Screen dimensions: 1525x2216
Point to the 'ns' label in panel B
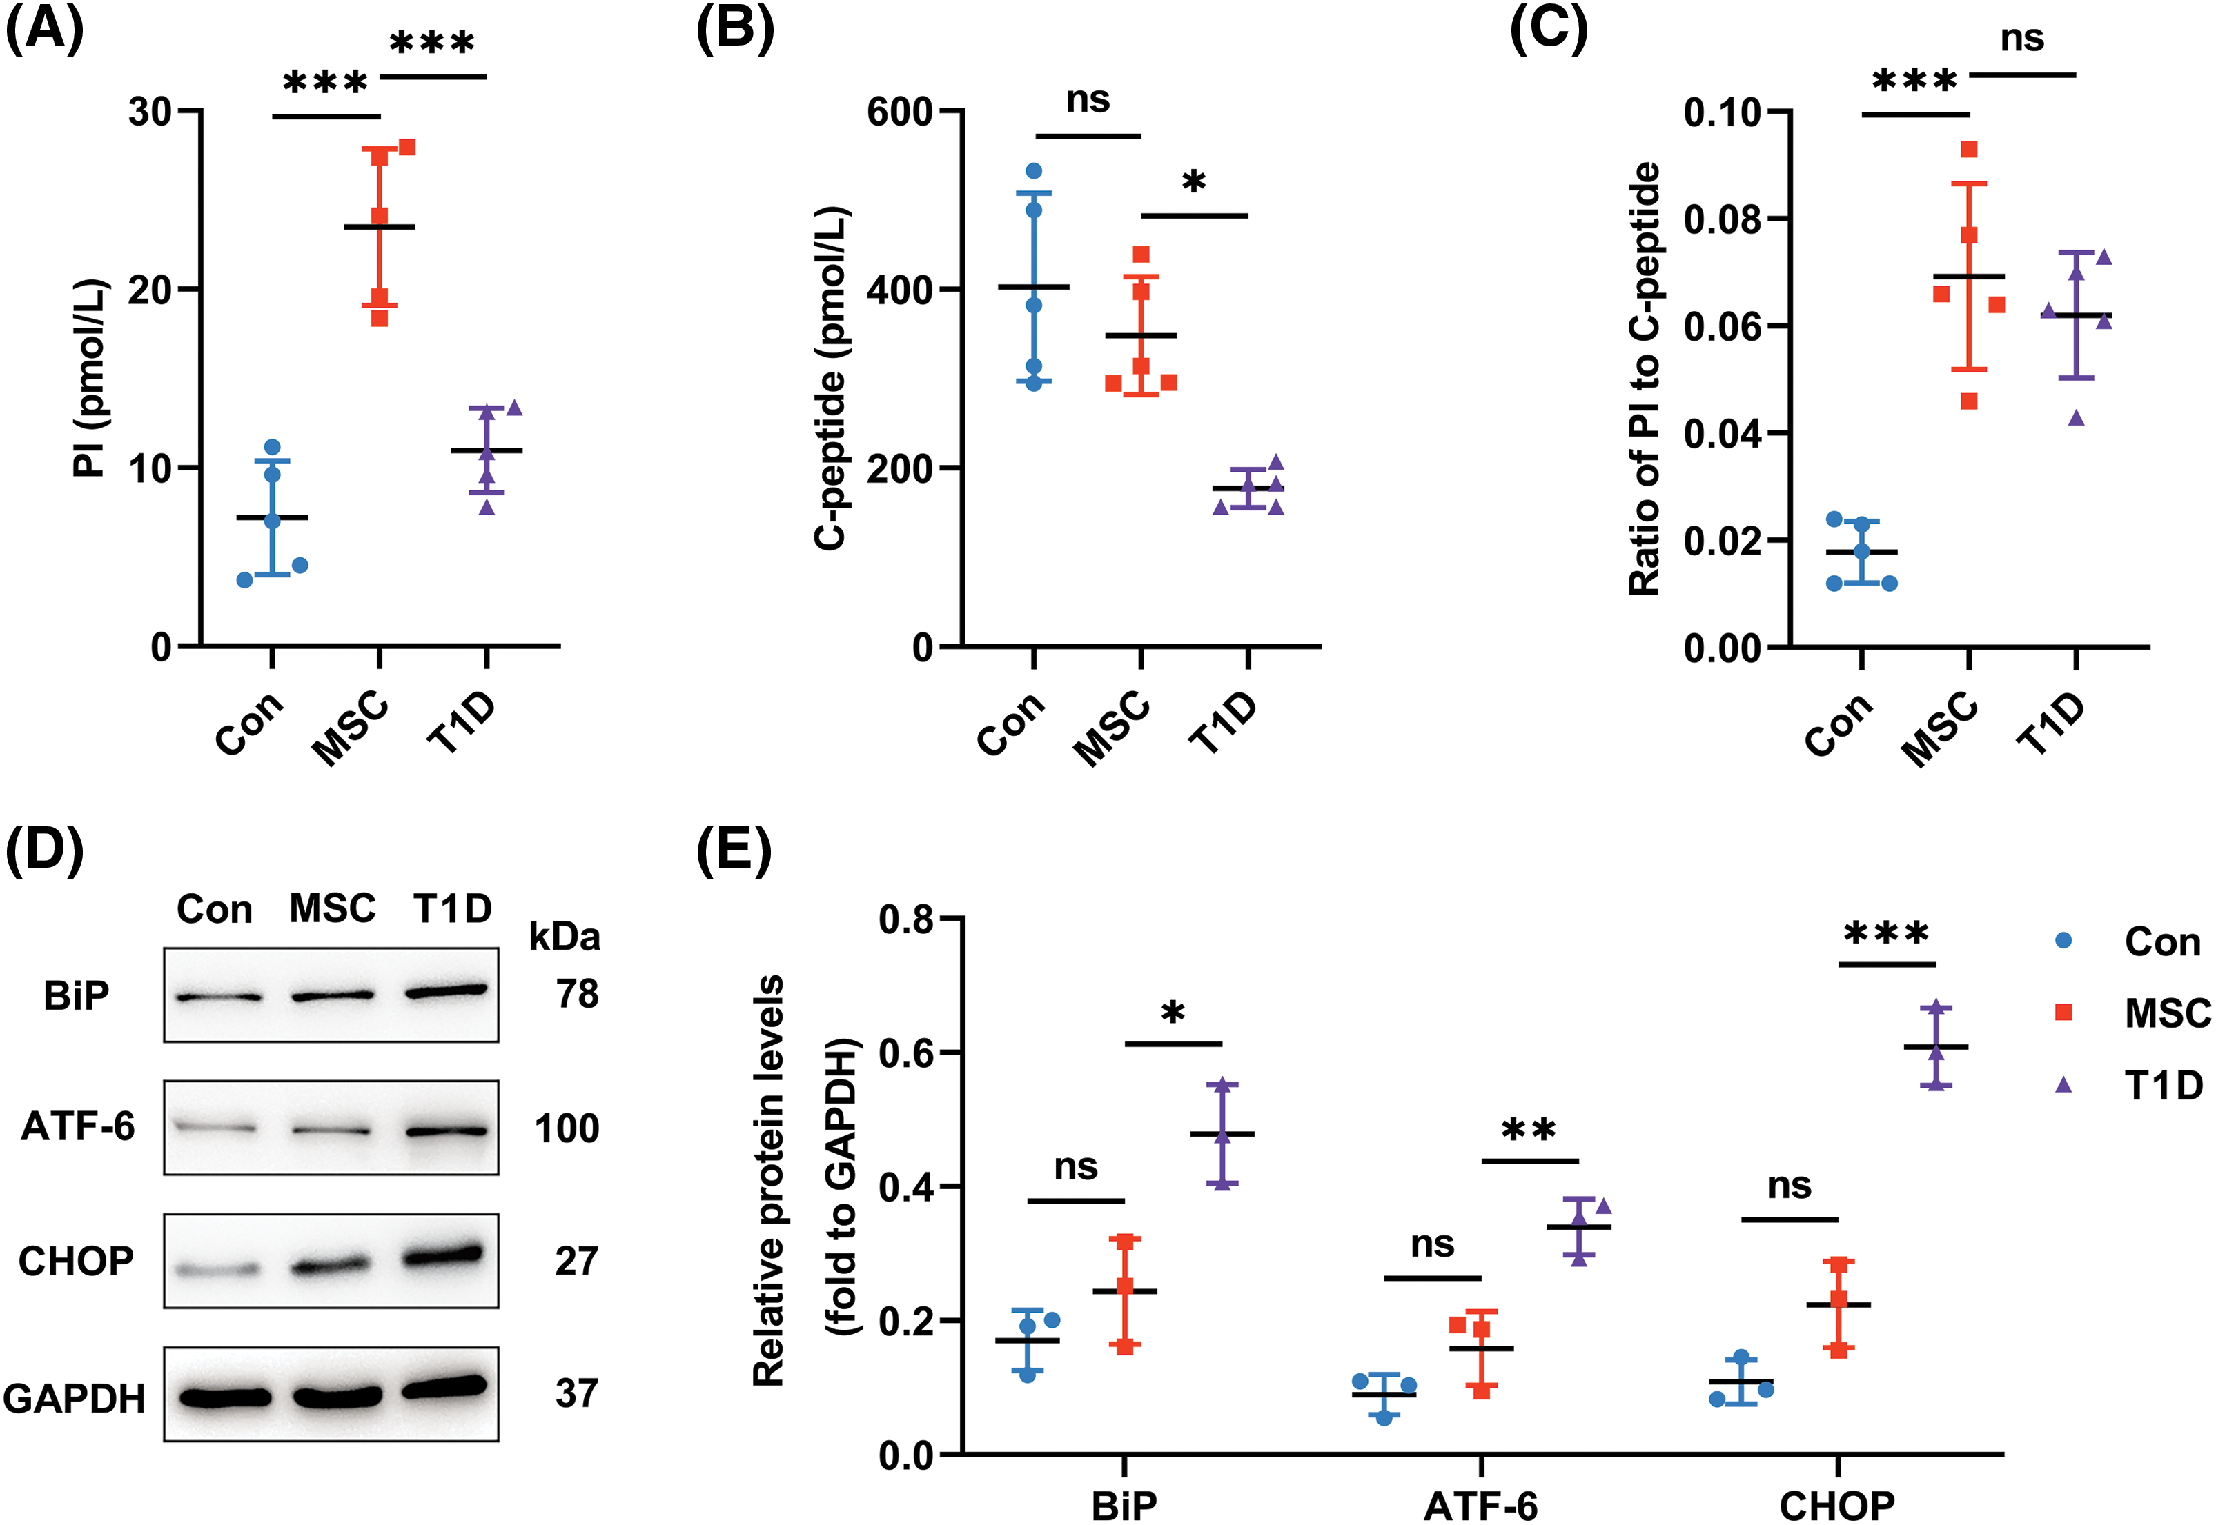point(1088,99)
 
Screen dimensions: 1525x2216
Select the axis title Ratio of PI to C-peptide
point(1645,379)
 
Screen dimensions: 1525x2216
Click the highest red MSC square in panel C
point(1968,150)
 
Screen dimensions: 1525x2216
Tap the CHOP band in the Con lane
point(218,1270)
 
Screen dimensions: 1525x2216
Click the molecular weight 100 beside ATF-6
point(567,1128)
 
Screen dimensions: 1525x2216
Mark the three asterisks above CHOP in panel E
point(1886,933)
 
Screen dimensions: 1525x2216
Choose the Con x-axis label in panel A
point(248,724)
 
